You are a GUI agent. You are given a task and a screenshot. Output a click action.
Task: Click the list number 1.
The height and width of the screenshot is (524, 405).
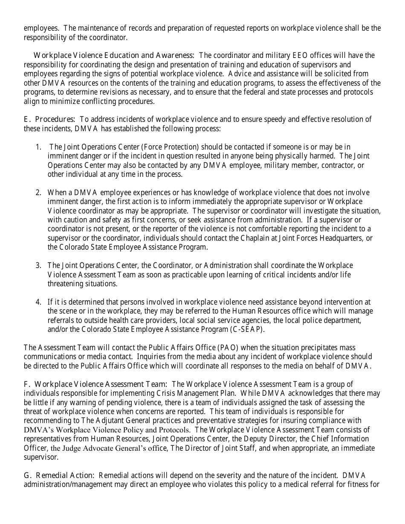38,147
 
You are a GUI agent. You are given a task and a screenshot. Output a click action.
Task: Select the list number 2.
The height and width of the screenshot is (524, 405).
38,193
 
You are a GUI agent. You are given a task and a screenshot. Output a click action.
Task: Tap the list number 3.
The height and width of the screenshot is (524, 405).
38,265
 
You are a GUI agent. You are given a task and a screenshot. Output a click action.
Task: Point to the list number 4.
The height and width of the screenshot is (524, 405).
38,302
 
